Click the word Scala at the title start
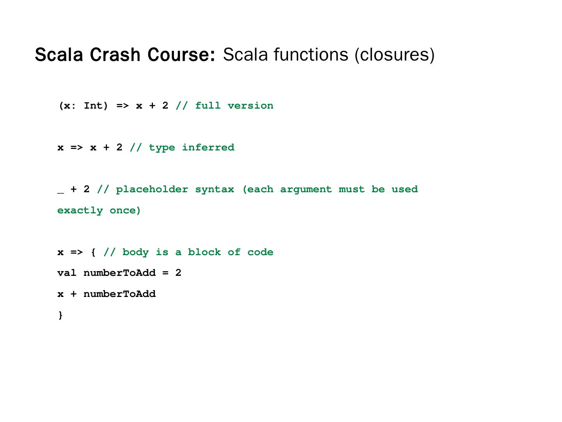(59, 55)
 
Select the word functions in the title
(311, 54)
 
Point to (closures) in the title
(394, 55)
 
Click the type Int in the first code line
(96, 106)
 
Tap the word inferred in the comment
(208, 148)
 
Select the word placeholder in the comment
(152, 190)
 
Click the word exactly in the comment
(80, 211)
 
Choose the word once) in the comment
(125, 211)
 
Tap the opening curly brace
(93, 252)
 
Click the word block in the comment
(204, 252)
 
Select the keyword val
(67, 273)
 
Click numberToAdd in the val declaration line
(119, 273)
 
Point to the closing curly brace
(60, 315)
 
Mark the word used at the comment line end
(404, 190)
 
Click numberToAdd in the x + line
(119, 294)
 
